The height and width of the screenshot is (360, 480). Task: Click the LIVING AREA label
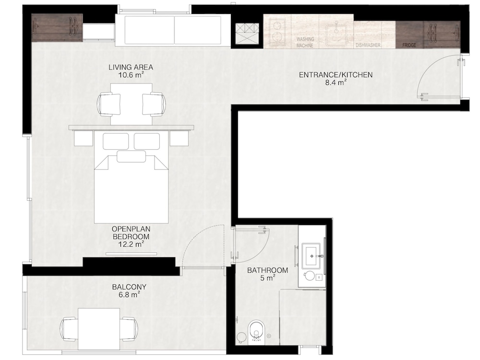point(131,67)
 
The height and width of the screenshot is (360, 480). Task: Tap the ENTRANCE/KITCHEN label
point(336,75)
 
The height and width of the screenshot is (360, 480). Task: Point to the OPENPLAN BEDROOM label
point(131,233)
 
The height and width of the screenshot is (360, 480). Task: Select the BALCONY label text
point(129,287)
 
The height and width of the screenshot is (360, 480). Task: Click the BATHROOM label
point(267,270)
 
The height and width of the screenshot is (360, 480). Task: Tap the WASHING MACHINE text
point(305,42)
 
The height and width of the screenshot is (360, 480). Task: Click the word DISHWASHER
point(368,45)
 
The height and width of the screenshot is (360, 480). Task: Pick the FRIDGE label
point(409,45)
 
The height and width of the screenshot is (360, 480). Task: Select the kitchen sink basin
point(336,34)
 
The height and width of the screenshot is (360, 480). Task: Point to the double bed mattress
point(132,189)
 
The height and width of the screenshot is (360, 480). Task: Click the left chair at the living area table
point(108,104)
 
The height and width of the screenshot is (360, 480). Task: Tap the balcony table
point(98,329)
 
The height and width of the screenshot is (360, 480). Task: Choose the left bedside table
point(83,139)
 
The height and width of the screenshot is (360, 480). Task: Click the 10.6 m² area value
point(131,75)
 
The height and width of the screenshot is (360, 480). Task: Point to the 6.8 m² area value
point(129,295)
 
